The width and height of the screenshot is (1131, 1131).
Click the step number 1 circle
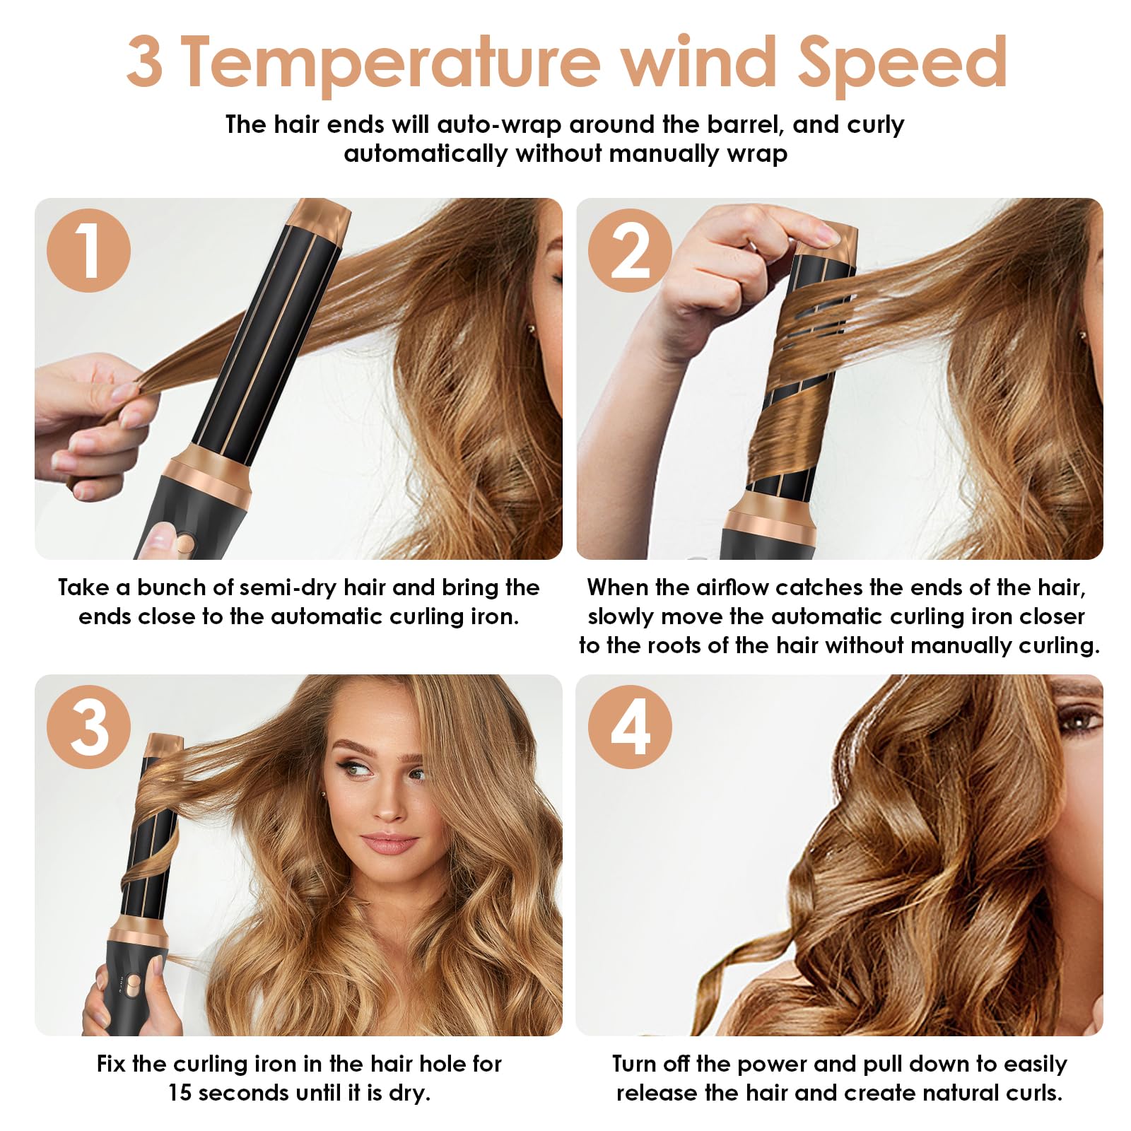click(x=89, y=250)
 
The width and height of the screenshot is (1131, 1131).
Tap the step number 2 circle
click(x=631, y=250)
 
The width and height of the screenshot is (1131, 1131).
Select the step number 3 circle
click(x=89, y=727)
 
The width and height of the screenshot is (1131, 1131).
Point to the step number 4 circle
click(x=631, y=727)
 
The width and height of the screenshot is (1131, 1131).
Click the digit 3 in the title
click(x=145, y=62)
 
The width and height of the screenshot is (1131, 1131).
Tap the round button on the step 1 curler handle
click(x=186, y=544)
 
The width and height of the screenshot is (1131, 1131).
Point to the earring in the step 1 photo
click(x=531, y=328)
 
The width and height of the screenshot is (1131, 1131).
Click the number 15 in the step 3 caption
click(x=180, y=1093)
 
